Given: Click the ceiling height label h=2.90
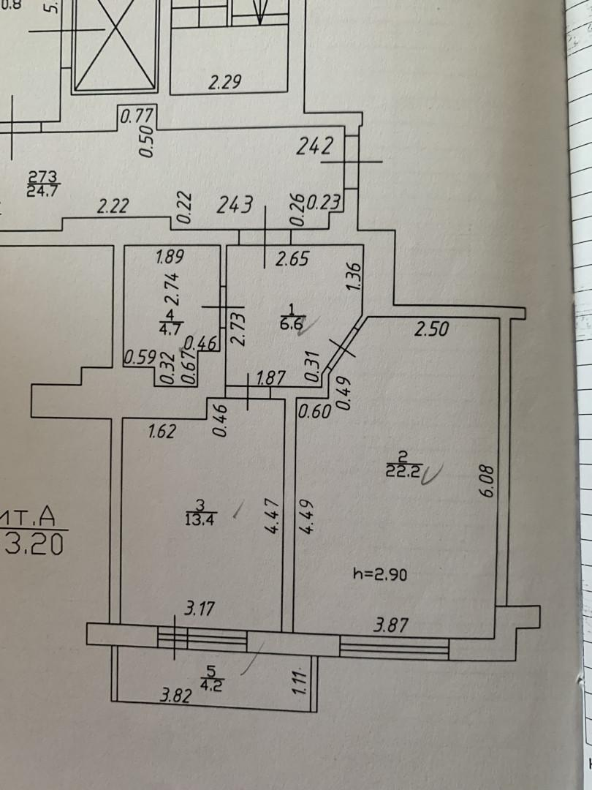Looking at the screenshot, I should pyautogui.click(x=379, y=575).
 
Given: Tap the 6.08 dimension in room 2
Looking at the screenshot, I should pyautogui.click(x=487, y=484).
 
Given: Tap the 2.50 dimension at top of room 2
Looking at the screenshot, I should pyautogui.click(x=431, y=330).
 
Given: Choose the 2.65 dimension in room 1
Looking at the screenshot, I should pyautogui.click(x=292, y=258).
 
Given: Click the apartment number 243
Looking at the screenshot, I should pyautogui.click(x=235, y=204).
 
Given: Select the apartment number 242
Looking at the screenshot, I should pyautogui.click(x=315, y=146).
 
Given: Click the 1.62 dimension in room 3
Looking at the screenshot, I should pyautogui.click(x=162, y=432).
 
